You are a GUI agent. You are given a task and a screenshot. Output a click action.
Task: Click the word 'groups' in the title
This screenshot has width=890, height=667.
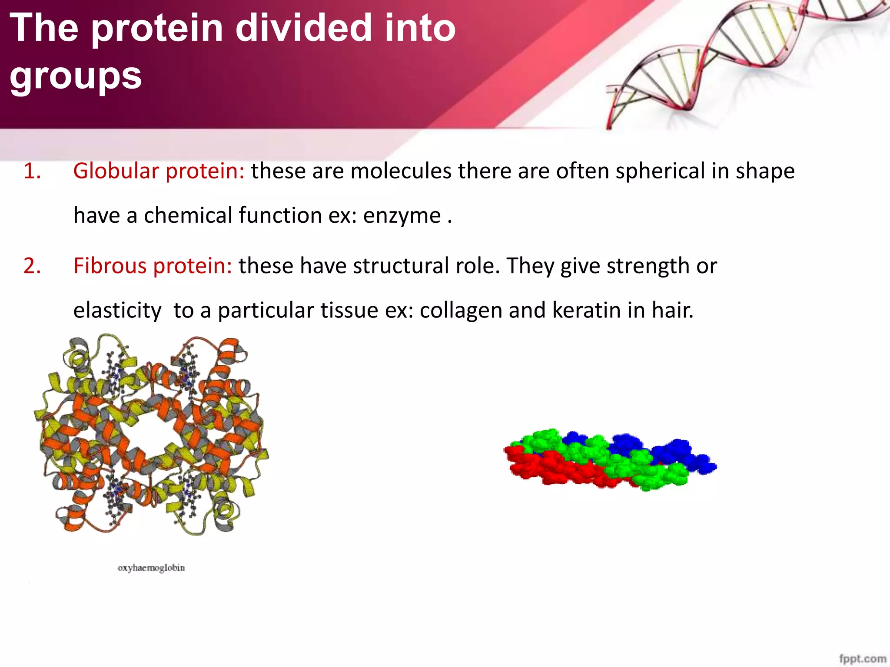(x=76, y=76)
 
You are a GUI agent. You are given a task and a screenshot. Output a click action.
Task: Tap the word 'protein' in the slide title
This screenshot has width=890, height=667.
(x=157, y=28)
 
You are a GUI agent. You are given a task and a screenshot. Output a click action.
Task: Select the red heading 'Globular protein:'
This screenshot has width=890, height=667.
(x=159, y=171)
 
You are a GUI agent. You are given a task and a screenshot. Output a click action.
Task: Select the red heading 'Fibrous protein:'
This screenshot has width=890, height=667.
(x=153, y=266)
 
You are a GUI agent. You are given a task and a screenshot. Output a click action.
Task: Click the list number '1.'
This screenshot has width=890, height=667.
(x=32, y=171)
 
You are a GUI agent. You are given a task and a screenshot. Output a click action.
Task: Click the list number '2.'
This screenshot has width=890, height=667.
(x=32, y=266)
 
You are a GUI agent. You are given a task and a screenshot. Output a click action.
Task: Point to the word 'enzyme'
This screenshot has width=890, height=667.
(x=402, y=216)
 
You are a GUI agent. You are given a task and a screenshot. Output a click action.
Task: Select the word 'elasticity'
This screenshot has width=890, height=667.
(x=117, y=310)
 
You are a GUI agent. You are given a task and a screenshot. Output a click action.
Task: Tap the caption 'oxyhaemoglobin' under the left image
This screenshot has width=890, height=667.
(x=151, y=568)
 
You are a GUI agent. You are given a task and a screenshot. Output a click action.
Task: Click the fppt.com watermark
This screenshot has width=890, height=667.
(x=862, y=658)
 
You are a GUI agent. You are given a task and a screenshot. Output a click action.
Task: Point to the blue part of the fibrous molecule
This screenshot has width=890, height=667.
(x=678, y=454)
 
